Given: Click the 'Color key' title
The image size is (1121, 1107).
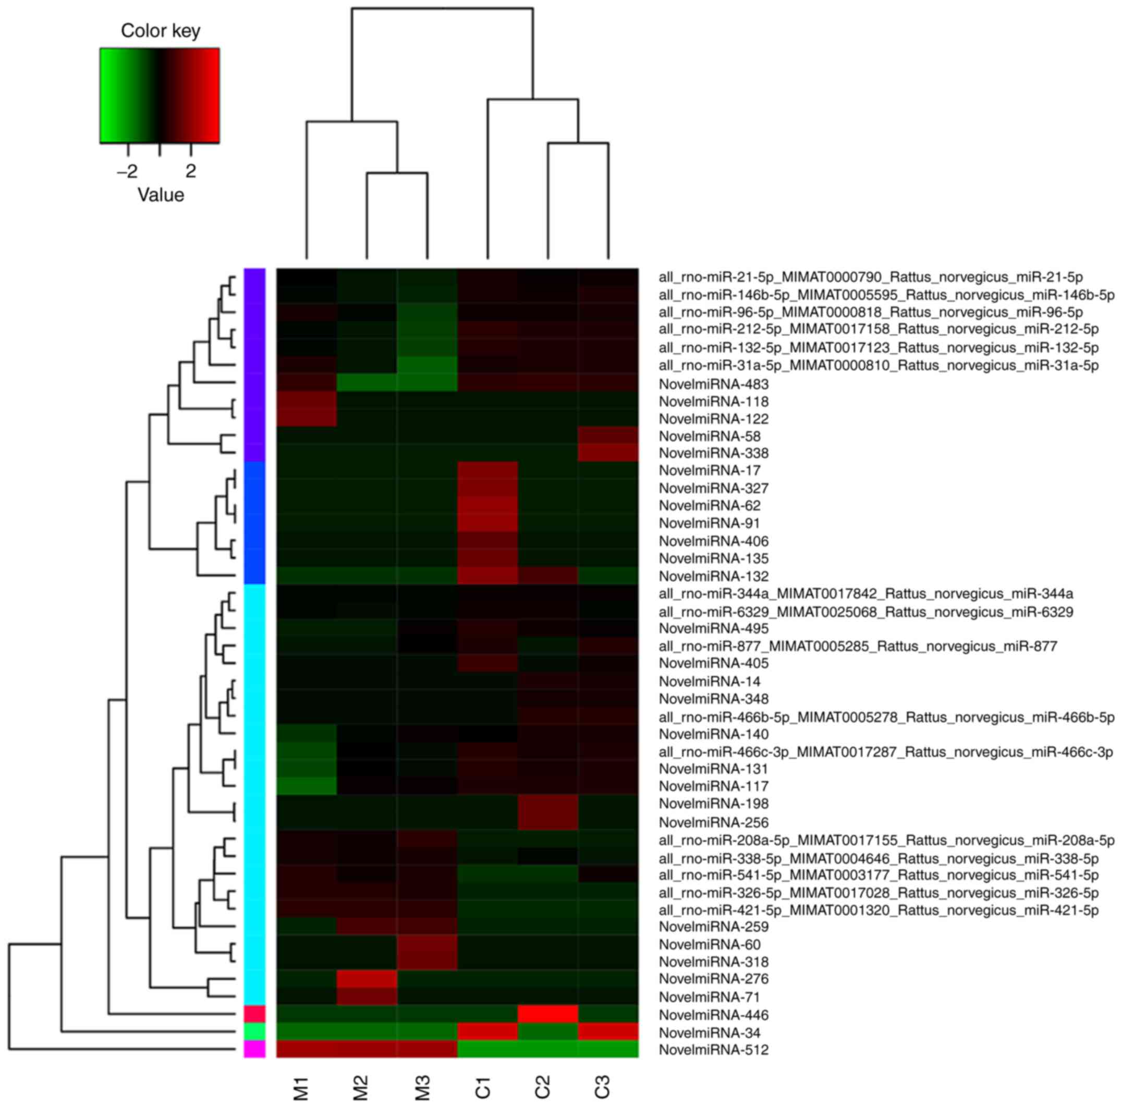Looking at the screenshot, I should [x=160, y=31].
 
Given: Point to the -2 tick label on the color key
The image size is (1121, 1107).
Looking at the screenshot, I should [x=127, y=172].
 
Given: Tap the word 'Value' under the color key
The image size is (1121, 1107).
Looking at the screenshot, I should [x=161, y=195].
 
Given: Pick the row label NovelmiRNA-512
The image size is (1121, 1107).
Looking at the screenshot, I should [x=714, y=1050].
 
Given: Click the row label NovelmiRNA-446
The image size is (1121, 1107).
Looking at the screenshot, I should [x=714, y=1015].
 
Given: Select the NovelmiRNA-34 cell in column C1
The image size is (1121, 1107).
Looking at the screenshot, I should [x=488, y=1032].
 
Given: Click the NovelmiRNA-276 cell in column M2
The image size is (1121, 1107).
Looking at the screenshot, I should [x=367, y=979].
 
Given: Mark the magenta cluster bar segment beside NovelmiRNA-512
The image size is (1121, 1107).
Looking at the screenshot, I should [x=254, y=1050].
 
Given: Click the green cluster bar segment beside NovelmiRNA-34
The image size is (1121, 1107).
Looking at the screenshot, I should [x=254, y=1031].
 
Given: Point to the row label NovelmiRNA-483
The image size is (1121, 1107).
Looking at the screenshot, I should [x=714, y=384].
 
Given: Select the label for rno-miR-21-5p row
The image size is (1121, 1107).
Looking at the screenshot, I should [x=870, y=277].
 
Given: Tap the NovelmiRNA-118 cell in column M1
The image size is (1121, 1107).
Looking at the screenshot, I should [x=307, y=401].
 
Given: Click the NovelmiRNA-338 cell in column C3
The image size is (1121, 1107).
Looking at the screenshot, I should [x=608, y=453].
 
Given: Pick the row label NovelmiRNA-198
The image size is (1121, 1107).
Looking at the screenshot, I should [x=714, y=804].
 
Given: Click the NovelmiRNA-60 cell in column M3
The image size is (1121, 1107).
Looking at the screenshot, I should [x=427, y=944].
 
